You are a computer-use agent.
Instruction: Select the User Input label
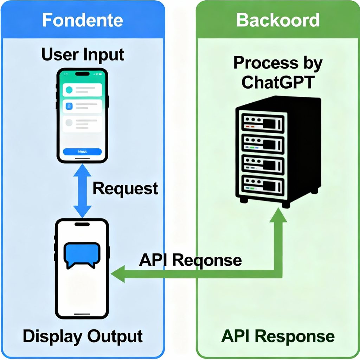83,55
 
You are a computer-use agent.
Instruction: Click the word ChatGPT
278,82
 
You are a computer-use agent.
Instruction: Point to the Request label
125,189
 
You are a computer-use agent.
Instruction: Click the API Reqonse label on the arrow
190,260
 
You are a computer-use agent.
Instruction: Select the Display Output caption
83,336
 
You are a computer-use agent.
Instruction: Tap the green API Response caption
278,336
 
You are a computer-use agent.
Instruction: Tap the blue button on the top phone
82,152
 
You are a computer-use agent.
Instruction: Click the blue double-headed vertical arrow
82,192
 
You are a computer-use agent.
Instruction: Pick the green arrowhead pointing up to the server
278,215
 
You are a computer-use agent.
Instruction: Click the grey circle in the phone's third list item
69,123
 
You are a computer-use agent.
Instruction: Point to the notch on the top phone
82,74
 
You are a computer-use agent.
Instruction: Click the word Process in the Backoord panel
254,63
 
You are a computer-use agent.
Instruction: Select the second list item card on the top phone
82,106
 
